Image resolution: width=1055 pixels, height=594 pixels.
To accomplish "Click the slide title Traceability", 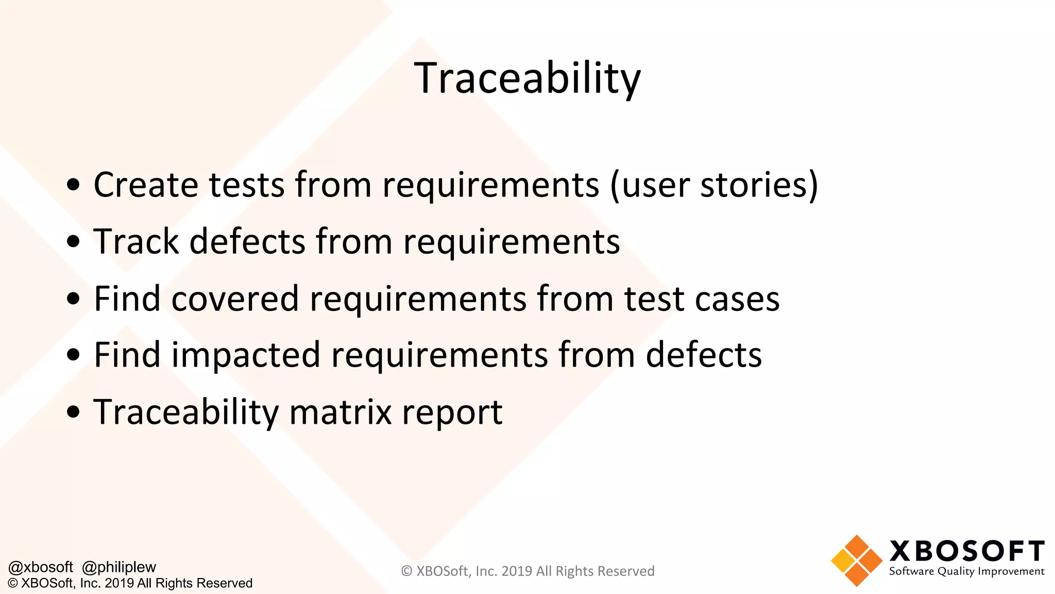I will pos(527,78).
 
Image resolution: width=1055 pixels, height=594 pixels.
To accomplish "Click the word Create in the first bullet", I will pos(146,185).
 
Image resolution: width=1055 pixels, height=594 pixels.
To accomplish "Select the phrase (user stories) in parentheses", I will pos(714,185).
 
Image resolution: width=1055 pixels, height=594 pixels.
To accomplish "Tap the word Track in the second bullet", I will pos(136,241).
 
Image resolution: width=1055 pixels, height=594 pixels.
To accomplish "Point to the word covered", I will pos(234,299).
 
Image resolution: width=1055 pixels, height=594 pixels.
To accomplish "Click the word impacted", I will pos(246,355).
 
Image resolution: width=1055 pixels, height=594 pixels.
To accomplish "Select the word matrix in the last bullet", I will pos(341,412).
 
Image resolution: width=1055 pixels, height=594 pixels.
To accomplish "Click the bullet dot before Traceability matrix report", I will pos(74,412).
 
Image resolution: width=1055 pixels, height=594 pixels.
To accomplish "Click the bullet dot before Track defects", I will pos(74,241).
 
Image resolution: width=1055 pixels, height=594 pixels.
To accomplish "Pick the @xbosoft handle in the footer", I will pos(41,567).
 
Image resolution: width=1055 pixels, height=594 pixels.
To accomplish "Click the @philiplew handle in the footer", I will pos(119,567).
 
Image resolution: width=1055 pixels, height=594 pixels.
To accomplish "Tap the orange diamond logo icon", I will pos(857,561).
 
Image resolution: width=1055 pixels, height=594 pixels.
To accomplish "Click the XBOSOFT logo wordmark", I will pos(967,551).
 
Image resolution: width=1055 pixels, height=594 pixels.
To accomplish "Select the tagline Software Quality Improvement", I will pos(966,571).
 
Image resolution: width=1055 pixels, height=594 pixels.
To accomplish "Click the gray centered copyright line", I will pos(527,571).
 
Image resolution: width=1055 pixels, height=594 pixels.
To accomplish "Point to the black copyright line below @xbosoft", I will pos(130,583).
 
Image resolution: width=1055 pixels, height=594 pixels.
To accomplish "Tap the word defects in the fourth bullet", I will pos(704,355).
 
